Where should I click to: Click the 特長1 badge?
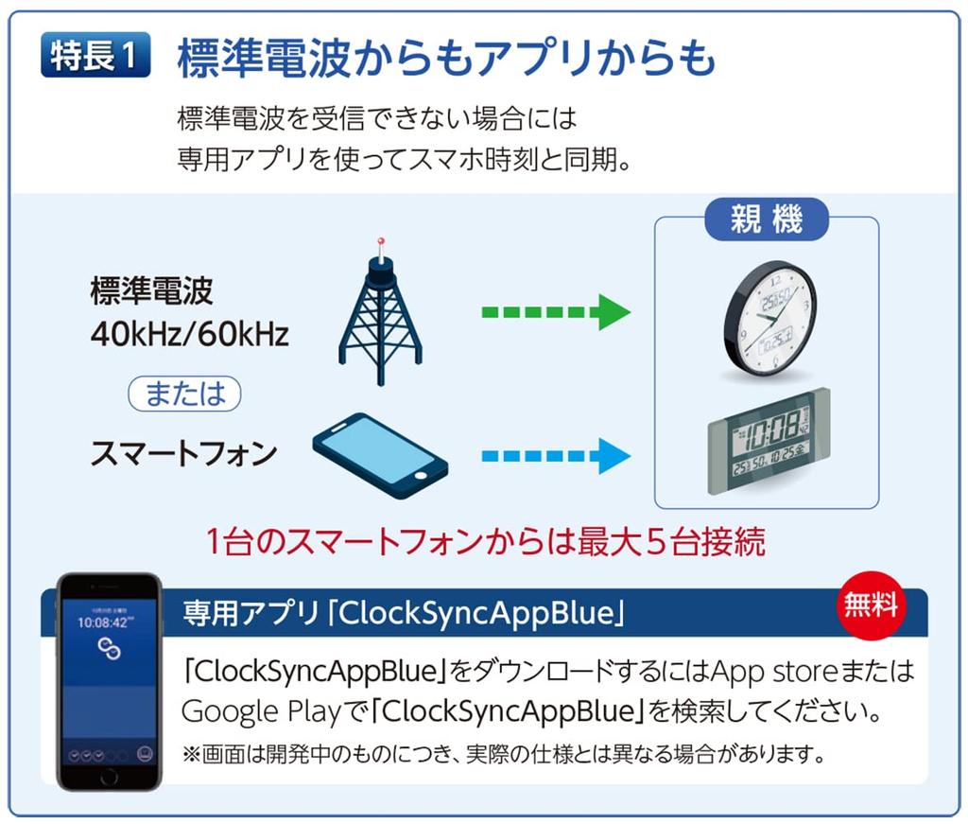tap(95, 57)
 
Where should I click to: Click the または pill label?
tap(184, 394)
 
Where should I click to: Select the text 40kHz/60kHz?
tap(189, 334)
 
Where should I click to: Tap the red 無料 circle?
tap(871, 605)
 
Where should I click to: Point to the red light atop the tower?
tap(381, 241)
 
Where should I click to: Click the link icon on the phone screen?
tap(109, 647)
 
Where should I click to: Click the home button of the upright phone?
tap(109, 776)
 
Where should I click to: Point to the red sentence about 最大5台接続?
tap(485, 542)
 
